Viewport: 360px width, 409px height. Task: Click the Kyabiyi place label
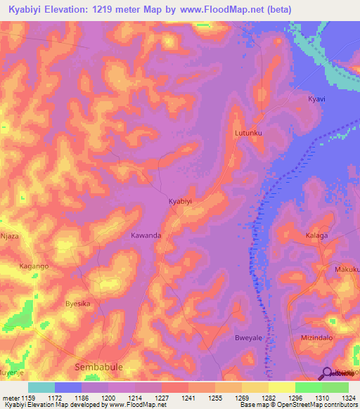[x=180, y=201]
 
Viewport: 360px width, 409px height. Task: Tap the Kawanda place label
[x=146, y=235]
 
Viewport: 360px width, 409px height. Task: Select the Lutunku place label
[x=247, y=132]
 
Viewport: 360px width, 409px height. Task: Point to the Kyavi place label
[x=316, y=99]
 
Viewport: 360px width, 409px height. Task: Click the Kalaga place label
[x=316, y=236]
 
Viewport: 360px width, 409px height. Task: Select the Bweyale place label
[x=247, y=338]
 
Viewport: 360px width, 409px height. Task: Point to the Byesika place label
[x=77, y=304]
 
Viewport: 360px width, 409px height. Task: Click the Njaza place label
[x=11, y=236]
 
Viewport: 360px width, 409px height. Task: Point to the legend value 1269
[x=229, y=398]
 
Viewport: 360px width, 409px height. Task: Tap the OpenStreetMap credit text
[x=327, y=405]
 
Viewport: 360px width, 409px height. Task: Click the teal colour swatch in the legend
[x=41, y=387]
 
